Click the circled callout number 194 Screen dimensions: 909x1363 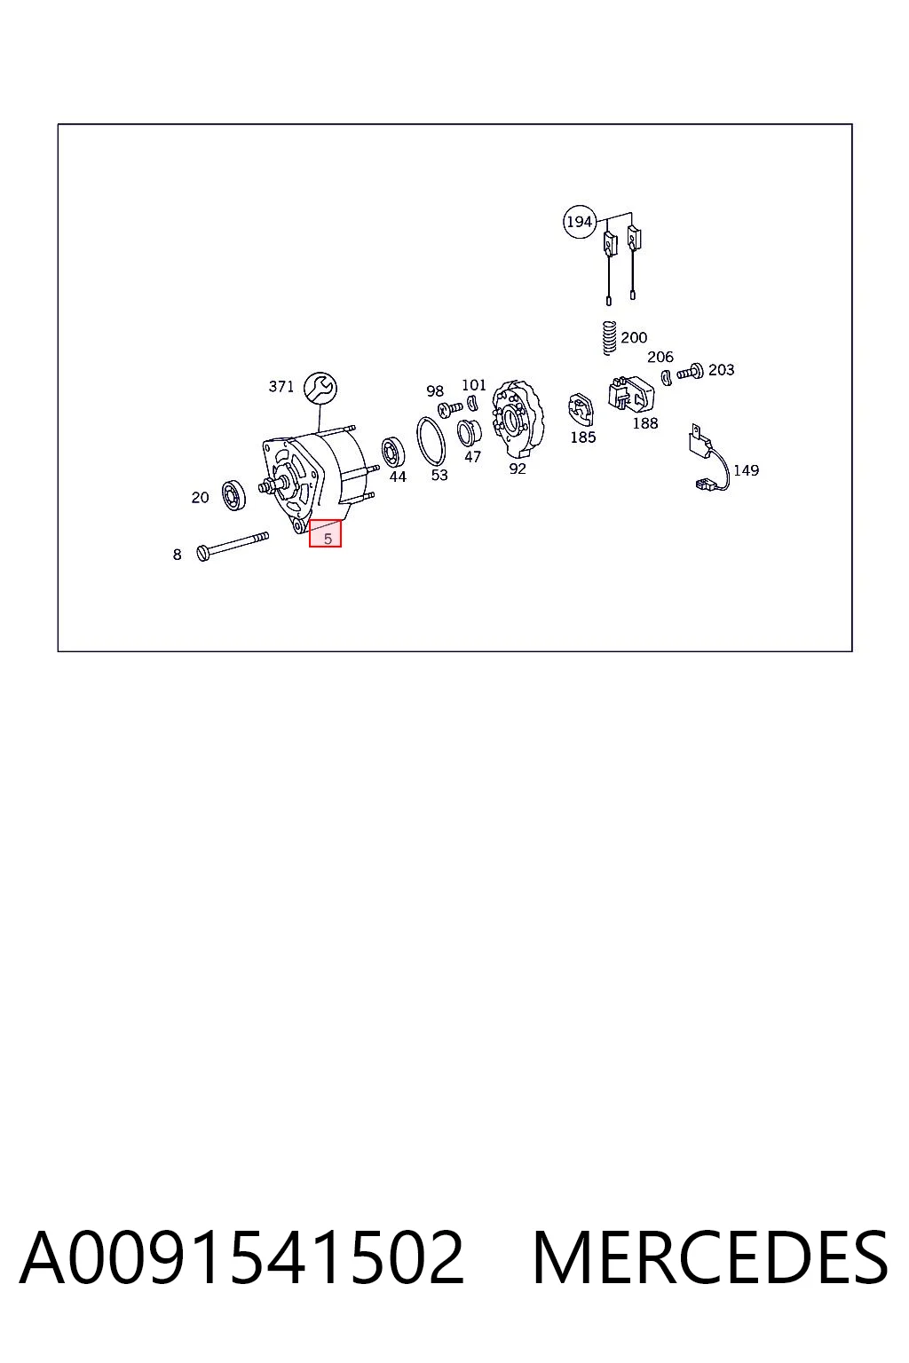point(579,222)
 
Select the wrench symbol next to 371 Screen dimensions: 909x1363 point(320,388)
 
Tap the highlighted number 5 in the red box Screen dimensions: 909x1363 point(328,539)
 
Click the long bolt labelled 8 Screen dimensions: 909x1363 point(233,545)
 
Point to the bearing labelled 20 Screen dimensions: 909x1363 point(233,494)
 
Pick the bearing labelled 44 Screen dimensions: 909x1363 point(392,453)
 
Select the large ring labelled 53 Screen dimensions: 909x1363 point(431,441)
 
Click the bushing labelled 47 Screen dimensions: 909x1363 point(470,433)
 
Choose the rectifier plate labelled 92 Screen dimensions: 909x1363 point(518,419)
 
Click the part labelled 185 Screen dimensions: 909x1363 point(581,409)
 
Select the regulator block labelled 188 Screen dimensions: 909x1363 point(631,393)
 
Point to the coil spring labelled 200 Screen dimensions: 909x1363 point(608,338)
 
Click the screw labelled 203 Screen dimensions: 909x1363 point(691,371)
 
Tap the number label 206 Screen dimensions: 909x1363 point(660,357)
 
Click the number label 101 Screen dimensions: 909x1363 point(474,385)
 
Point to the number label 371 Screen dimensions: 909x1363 point(281,386)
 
